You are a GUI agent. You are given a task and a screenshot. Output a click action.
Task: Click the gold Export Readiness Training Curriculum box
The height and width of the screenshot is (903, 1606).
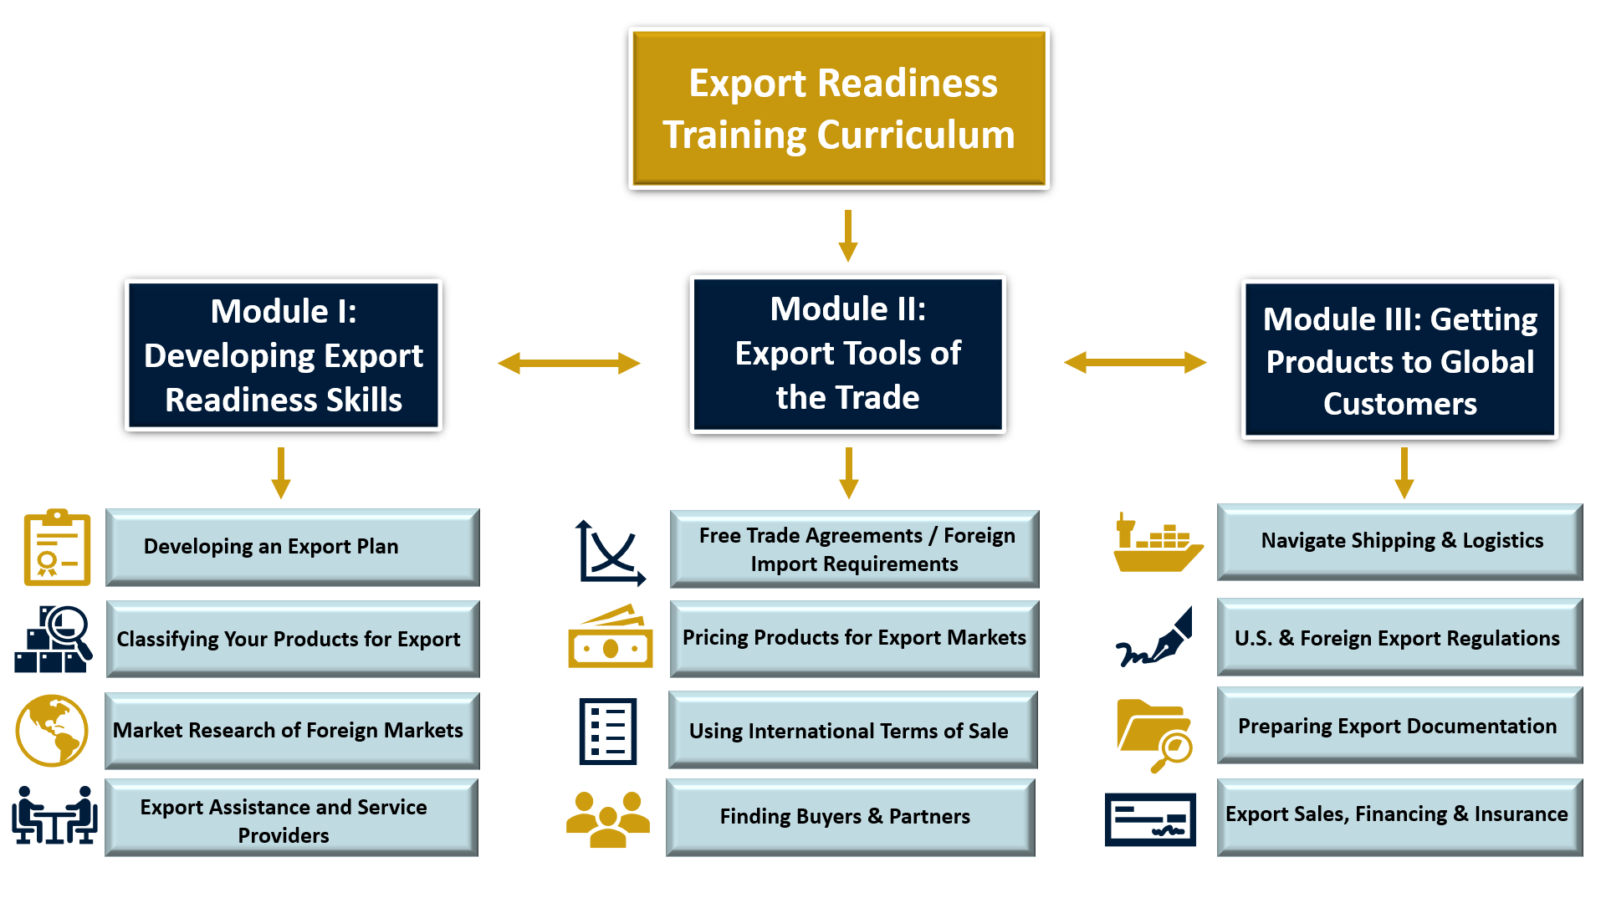coord(839,109)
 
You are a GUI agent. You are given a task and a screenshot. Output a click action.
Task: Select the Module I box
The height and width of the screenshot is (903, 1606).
coord(284,355)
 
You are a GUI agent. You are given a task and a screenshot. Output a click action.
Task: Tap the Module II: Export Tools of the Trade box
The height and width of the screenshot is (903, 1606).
coord(847,354)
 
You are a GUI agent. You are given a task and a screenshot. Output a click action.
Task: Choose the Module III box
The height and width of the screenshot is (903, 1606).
coord(1399,360)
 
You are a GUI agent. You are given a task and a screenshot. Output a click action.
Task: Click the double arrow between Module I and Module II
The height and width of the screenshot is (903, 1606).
coord(569,363)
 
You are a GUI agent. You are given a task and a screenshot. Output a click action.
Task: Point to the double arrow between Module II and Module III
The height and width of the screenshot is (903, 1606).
coord(1135,362)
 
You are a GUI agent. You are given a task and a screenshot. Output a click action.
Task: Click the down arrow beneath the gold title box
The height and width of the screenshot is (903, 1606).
coord(848,235)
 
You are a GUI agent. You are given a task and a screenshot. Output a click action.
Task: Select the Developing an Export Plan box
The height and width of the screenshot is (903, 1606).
coord(293,547)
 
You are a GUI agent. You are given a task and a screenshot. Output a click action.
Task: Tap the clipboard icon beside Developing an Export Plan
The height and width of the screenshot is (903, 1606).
coord(57,547)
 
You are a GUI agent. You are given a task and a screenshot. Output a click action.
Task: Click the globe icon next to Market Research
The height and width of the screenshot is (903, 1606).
coord(52,730)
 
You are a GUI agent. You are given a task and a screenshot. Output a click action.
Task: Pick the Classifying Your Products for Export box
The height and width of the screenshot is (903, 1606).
coord(293,639)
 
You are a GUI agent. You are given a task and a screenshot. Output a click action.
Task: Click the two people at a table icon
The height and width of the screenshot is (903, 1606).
coord(54,815)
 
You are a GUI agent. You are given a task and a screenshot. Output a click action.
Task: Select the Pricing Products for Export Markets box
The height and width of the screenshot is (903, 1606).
coord(854,638)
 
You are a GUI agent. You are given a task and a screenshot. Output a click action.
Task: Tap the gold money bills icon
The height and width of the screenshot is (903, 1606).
coord(611,637)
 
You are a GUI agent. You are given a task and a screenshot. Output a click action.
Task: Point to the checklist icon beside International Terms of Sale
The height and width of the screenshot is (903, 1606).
coord(608,731)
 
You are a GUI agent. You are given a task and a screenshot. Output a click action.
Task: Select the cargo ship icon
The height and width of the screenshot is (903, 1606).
coord(1157,543)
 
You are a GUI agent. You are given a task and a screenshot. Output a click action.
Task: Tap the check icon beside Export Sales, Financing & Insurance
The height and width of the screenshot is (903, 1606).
coord(1150,819)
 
